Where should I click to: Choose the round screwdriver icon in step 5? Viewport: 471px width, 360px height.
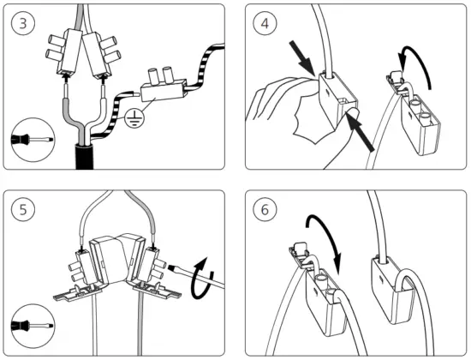coord(31,326)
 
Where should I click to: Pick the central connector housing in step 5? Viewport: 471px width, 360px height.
coord(116,258)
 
